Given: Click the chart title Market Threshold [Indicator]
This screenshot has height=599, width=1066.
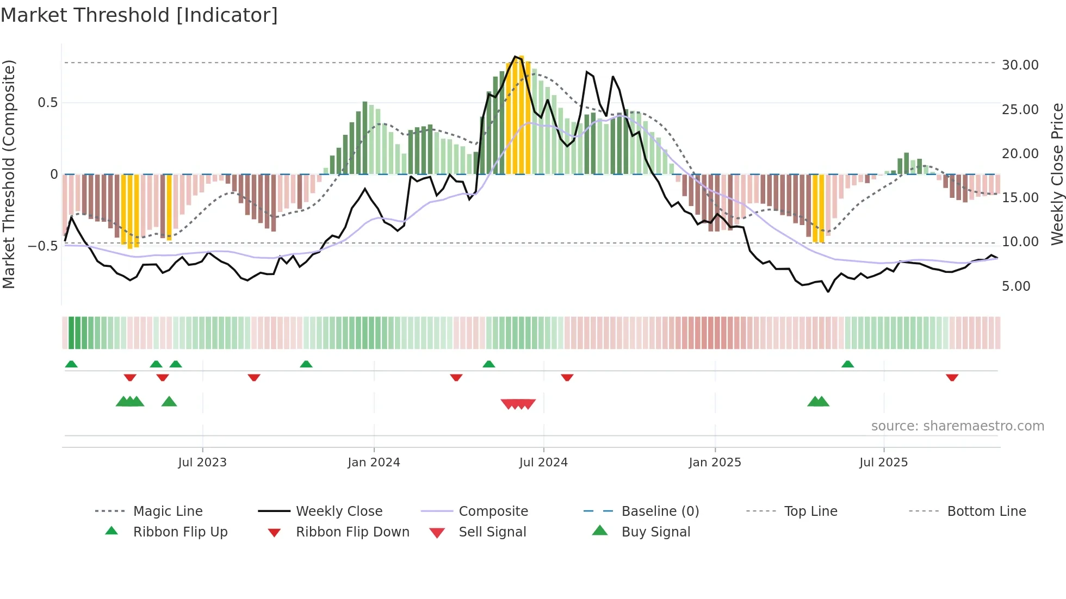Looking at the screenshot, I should [139, 15].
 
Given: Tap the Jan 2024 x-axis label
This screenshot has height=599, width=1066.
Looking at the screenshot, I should [374, 462].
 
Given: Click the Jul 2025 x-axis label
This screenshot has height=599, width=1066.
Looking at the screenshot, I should [883, 462].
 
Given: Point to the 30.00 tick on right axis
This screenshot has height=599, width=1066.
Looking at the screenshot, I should [1020, 65].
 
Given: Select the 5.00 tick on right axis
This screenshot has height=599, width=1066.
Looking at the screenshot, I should [1015, 286].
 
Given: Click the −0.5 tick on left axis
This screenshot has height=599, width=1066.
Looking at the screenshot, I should [42, 246].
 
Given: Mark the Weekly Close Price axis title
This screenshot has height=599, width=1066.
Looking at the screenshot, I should [1057, 174].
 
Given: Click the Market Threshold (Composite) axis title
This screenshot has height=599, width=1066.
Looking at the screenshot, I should [9, 174].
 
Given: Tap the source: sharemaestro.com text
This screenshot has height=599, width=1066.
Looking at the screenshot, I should [957, 426].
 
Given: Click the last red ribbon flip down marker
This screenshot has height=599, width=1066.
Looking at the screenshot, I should [952, 377].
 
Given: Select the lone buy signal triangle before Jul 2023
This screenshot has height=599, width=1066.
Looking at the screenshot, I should [169, 402].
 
